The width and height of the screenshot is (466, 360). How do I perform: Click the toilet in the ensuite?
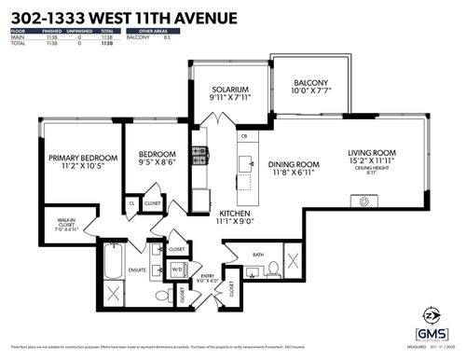click(x=159, y=297)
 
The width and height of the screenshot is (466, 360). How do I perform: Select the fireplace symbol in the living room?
click(x=359, y=201)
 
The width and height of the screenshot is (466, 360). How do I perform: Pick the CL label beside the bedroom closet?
click(x=132, y=202)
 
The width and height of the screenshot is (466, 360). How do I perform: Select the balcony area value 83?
click(x=166, y=37)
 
